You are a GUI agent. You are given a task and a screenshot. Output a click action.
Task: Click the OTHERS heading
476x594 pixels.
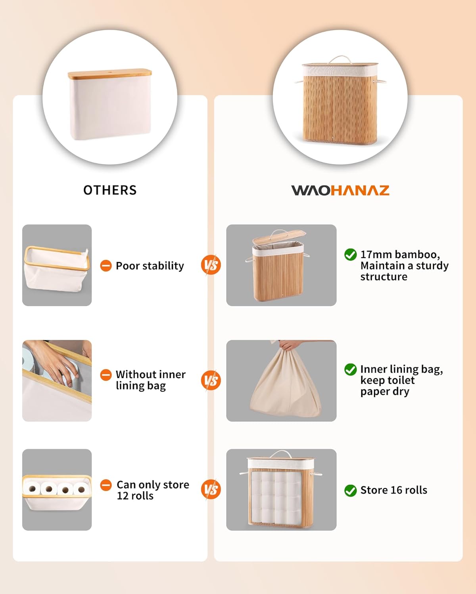tap(110, 190)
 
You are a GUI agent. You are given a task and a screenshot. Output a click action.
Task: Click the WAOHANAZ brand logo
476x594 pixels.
tap(340, 190)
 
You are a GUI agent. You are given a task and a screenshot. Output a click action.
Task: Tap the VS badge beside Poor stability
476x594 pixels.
tap(211, 265)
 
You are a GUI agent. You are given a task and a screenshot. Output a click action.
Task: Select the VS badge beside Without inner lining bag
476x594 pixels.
tap(211, 380)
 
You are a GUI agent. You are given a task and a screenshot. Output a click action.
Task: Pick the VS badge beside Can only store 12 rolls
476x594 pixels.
tap(211, 489)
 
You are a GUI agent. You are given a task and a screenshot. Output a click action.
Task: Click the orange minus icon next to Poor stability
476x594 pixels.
tap(106, 266)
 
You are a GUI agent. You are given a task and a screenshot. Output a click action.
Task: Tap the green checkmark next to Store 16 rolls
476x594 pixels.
tap(350, 491)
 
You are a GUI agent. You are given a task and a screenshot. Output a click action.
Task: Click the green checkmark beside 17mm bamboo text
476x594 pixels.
tap(350, 255)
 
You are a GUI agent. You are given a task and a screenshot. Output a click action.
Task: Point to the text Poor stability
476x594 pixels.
tap(150, 266)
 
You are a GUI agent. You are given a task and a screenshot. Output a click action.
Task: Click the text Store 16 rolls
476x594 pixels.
tap(393, 490)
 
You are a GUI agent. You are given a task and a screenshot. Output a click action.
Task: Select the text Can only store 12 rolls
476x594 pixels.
tap(153, 490)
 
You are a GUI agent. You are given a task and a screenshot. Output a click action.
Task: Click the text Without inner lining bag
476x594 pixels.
tap(150, 380)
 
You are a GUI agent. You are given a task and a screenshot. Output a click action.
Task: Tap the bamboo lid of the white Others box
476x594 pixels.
tap(110, 74)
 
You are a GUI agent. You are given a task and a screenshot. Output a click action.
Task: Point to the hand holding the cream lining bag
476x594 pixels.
tap(290, 345)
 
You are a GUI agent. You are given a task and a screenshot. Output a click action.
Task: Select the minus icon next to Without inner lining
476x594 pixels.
tap(106, 375)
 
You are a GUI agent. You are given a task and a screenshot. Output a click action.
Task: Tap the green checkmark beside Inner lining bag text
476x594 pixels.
tap(350, 369)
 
